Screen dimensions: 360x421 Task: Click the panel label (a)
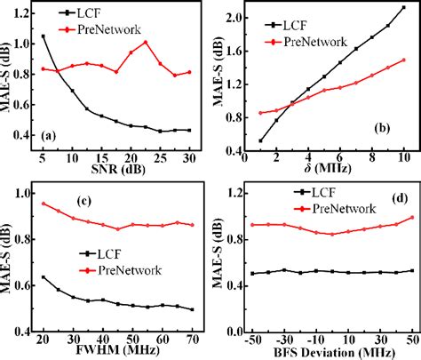(x=52, y=135)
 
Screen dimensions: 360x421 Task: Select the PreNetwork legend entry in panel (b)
(x=315, y=42)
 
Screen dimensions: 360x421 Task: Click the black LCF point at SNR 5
(x=44, y=36)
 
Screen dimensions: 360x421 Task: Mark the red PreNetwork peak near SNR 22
(x=146, y=42)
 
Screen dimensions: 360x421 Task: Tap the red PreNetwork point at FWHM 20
(x=44, y=204)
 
